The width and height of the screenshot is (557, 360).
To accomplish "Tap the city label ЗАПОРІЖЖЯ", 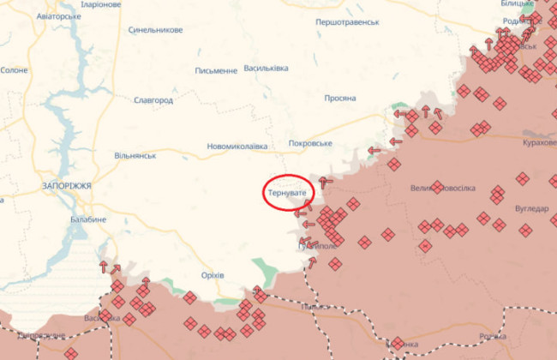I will click(66, 185).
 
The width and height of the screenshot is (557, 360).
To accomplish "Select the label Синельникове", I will click(155, 30).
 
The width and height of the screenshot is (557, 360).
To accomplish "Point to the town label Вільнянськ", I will click(135, 156).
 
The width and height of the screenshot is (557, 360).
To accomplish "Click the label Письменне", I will click(216, 71).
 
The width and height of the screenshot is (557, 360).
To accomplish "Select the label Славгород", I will click(153, 100).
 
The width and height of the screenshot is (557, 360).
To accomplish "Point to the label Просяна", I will click(340, 99).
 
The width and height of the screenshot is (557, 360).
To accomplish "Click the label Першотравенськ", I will click(347, 21).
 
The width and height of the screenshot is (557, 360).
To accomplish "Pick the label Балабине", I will click(88, 219).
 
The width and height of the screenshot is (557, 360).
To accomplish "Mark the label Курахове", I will click(540, 143).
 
